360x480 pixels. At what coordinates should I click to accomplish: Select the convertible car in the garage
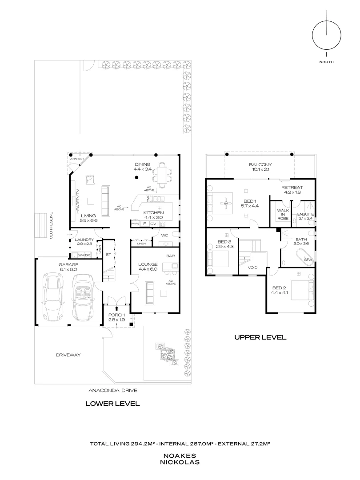pos(83,297)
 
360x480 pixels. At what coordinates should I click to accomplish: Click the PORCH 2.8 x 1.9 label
pos(116,317)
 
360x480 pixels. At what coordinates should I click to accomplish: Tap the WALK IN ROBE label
pos(282,214)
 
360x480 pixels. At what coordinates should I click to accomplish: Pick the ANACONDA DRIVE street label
pos(113,390)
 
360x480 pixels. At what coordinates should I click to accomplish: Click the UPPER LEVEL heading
pos(260,337)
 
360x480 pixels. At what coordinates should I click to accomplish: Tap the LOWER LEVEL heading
pos(113,404)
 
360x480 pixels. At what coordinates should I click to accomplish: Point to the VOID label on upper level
pos(252,268)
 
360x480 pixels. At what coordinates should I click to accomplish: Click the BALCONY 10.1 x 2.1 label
pos(260,167)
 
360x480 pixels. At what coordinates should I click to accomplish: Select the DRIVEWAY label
pos(68,355)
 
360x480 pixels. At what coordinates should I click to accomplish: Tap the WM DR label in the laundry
pos(84,255)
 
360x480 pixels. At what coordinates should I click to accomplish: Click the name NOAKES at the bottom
pos(180,456)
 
